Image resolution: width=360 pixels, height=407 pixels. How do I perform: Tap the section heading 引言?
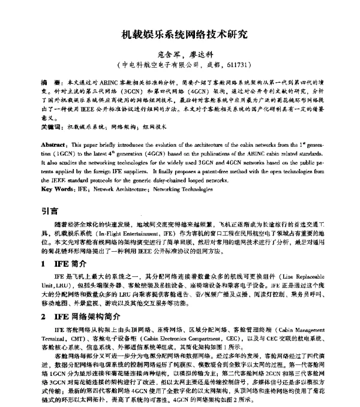50,211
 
